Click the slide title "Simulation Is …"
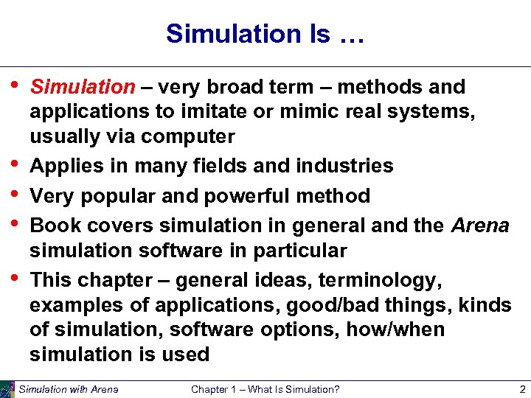[x=265, y=33]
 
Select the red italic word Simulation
[x=82, y=87]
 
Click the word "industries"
[x=344, y=166]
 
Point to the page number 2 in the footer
[x=521, y=389]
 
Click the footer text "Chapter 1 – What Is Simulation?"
[x=265, y=389]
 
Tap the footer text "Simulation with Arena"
[x=69, y=389]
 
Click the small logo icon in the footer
[x=7, y=388]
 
